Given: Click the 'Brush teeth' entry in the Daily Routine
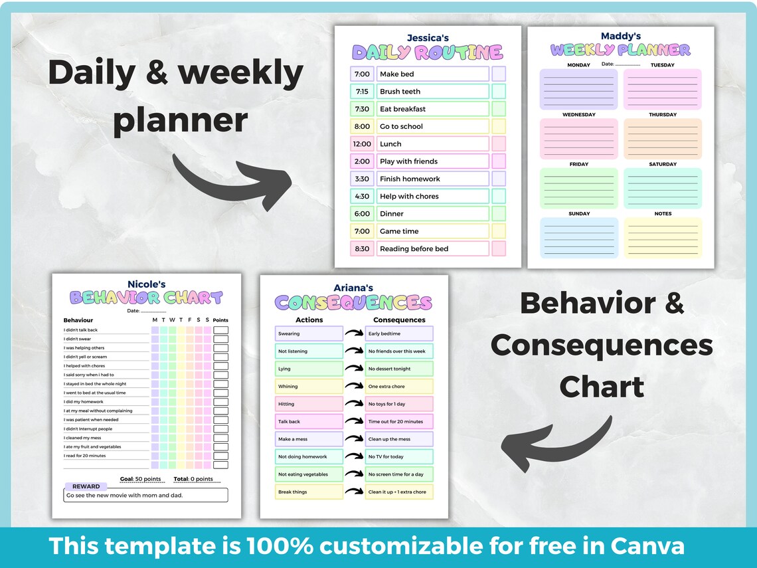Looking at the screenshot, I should tap(432, 92).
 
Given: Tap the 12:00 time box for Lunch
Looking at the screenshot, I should tap(362, 144).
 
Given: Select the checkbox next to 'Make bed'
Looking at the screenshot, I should tap(499, 74).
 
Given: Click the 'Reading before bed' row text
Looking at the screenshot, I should tap(432, 249).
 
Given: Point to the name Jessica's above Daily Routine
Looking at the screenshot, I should tap(428, 38).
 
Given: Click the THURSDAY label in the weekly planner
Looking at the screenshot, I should tap(663, 115).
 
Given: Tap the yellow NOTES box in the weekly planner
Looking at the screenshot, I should tap(663, 238).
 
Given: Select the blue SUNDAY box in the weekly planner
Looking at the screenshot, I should tap(579, 238).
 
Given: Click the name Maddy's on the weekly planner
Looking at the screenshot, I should tap(621, 36).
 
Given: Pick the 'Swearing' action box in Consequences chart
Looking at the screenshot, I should tap(309, 333).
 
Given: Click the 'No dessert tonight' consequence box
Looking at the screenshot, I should tap(399, 369).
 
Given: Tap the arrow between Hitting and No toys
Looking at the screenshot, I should tap(354, 404).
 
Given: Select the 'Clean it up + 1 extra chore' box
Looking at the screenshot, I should tap(399, 492).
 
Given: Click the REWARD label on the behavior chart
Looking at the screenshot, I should tap(86, 486).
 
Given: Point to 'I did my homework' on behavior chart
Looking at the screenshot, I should tap(84, 402).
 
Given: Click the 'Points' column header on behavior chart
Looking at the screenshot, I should tap(220, 320).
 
